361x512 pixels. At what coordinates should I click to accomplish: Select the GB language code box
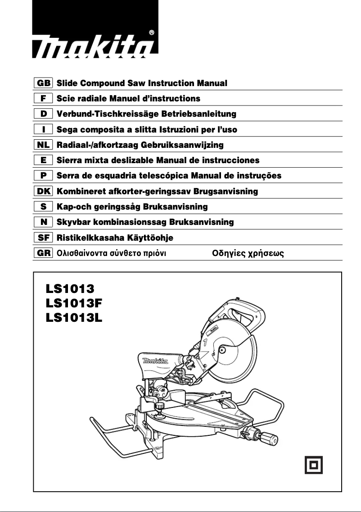click(x=44, y=83)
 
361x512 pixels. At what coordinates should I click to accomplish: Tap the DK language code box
click(x=44, y=192)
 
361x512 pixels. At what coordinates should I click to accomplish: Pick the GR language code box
click(x=44, y=253)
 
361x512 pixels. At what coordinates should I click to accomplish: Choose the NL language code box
click(x=44, y=145)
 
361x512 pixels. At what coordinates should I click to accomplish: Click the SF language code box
click(x=44, y=238)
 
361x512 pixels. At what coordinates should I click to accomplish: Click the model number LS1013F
click(x=74, y=303)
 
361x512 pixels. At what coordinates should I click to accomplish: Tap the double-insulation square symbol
click(x=314, y=465)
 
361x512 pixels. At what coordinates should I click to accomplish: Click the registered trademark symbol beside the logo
click(x=151, y=32)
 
